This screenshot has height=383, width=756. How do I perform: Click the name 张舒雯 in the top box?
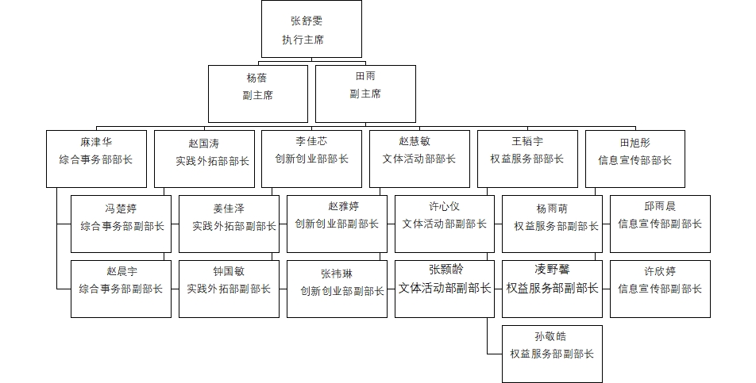(x=307, y=21)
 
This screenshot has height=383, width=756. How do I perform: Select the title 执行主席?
(x=303, y=40)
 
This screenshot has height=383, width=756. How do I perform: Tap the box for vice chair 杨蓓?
(x=258, y=94)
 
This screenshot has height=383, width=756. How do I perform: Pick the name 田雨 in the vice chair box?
(x=365, y=76)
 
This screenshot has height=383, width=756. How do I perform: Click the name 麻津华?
(x=96, y=142)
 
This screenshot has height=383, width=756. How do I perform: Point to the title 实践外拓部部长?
(x=212, y=161)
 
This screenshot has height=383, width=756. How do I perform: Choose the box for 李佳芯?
(x=311, y=159)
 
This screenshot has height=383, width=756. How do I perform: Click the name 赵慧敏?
(x=415, y=141)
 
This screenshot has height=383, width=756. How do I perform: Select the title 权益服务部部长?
(x=527, y=159)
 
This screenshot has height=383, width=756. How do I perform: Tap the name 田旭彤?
(x=635, y=143)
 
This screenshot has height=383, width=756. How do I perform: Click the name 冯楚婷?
(x=121, y=209)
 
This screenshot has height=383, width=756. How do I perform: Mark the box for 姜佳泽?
(x=229, y=224)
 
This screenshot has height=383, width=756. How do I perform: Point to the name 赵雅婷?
(x=343, y=206)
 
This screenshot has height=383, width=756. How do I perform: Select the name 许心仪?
(x=444, y=206)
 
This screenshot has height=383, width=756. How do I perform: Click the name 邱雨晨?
(x=660, y=206)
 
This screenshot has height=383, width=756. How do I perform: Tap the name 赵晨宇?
(x=121, y=271)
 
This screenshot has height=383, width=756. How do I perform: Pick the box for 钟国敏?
(x=229, y=289)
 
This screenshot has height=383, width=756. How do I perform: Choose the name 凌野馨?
(x=552, y=269)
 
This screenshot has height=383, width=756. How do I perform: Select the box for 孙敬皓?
(x=552, y=354)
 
